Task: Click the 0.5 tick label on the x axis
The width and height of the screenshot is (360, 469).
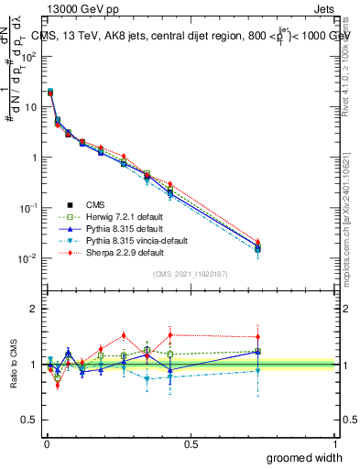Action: (191, 442)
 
